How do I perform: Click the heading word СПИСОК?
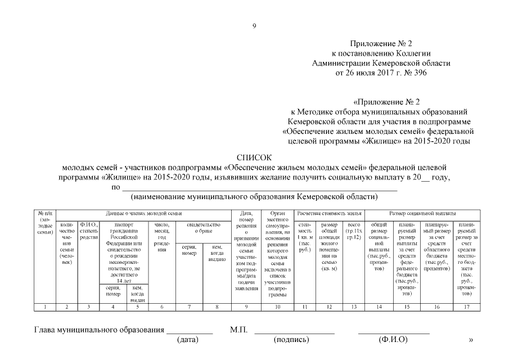click(254, 158)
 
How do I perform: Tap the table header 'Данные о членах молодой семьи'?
click(144, 214)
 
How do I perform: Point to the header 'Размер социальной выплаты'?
click(422, 214)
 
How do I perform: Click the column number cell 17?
click(466, 307)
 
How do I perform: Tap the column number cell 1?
click(46, 307)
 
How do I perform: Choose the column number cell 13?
click(353, 307)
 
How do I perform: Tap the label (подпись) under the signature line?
click(291, 340)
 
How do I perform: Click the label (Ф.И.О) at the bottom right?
click(393, 340)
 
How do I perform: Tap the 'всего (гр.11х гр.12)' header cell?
click(353, 231)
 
